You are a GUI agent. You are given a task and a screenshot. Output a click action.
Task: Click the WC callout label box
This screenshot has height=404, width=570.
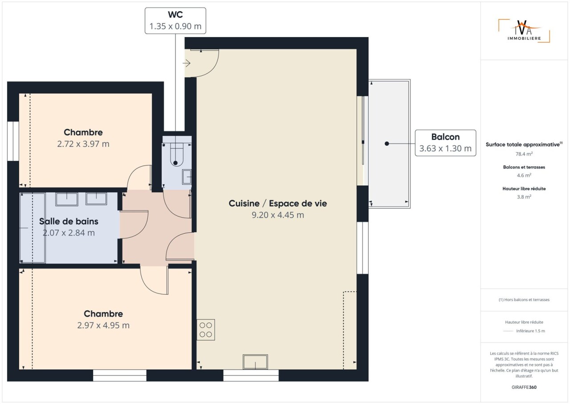point(175,21)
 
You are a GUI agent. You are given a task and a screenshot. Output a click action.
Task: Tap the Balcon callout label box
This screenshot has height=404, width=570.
point(445,143)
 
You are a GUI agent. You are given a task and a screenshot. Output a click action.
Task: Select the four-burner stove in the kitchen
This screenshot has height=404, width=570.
point(206,330)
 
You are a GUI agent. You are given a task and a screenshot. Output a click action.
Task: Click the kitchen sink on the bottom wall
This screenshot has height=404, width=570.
point(255,362)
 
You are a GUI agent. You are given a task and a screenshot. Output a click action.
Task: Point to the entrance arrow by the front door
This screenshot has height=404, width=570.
point(187,63)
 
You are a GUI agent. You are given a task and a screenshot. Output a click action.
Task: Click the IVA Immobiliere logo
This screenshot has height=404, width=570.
point(524,31)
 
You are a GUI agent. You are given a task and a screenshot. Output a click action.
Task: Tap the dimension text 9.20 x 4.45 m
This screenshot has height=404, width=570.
point(277,215)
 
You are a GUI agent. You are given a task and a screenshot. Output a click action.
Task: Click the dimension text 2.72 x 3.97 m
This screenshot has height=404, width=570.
point(83,144)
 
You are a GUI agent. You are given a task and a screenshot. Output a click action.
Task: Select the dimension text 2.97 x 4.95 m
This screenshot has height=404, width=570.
point(103,325)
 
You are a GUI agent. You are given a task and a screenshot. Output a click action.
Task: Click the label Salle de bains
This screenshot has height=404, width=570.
point(69,221)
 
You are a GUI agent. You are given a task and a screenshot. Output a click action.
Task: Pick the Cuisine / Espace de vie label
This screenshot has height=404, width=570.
point(277,203)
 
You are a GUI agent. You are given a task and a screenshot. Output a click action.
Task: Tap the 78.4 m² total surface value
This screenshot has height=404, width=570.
point(524,154)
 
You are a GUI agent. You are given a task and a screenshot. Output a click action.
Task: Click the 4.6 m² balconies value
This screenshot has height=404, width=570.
point(524,175)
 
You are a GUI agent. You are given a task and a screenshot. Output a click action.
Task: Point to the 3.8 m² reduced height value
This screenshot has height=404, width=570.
point(524,197)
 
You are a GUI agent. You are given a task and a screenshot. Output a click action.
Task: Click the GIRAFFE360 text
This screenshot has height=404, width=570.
point(524,387)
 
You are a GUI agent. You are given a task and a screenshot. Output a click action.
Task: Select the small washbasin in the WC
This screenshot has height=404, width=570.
point(187,177)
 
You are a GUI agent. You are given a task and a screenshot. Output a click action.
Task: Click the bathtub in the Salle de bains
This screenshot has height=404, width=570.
point(33,228)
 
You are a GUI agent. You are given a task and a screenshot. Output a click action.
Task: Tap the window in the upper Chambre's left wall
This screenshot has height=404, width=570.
point(13,141)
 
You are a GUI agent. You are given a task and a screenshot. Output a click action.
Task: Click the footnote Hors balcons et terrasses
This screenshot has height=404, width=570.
point(524,300)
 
